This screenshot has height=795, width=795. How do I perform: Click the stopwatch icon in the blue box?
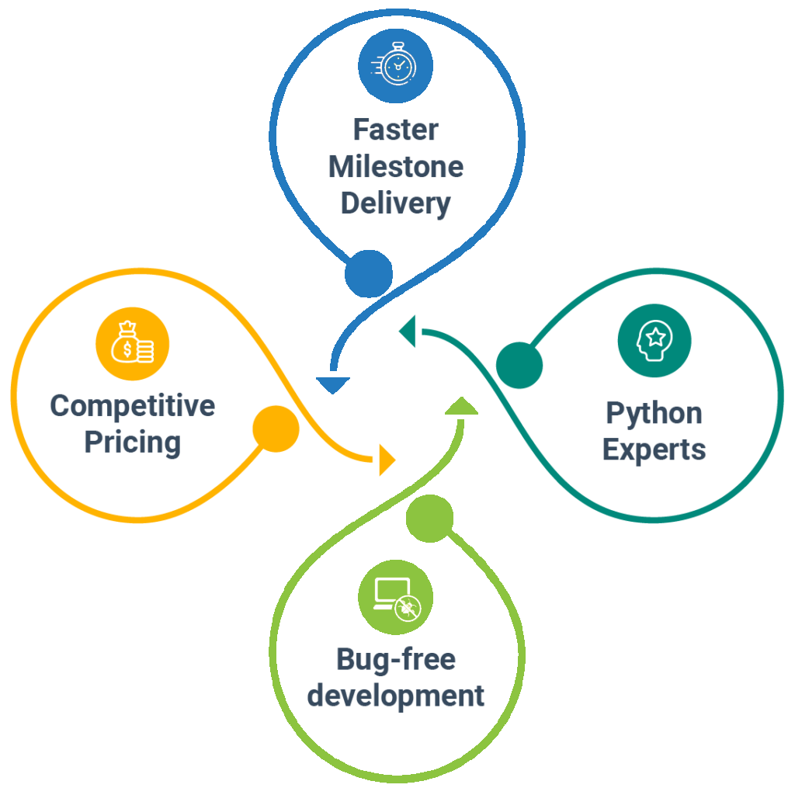pos(396,64)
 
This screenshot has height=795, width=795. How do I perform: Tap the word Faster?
pos(396,130)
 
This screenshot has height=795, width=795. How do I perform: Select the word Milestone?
pos(396,166)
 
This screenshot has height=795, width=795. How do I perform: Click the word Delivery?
pos(396,203)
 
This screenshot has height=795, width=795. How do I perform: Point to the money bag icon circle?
pos(132,344)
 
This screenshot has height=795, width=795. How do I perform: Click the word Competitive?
pos(132,405)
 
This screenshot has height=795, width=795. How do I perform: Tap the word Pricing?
pos(132,443)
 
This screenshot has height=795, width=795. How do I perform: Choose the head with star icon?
pos(654,341)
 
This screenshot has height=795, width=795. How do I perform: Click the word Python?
pos(654,413)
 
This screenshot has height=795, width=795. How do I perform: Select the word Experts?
pos(654,450)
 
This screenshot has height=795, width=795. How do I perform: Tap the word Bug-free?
pos(396,659)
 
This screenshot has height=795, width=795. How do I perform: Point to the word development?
pos(396,695)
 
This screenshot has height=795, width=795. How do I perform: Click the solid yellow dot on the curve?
pos(276,429)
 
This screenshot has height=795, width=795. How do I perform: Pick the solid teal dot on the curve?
pos(519,365)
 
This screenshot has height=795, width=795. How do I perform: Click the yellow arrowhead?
pos(387,460)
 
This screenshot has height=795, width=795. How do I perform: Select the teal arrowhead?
pos(408,331)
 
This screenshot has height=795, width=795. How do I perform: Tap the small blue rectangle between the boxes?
pos(333,386)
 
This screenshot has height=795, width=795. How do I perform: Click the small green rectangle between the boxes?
pos(461,405)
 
